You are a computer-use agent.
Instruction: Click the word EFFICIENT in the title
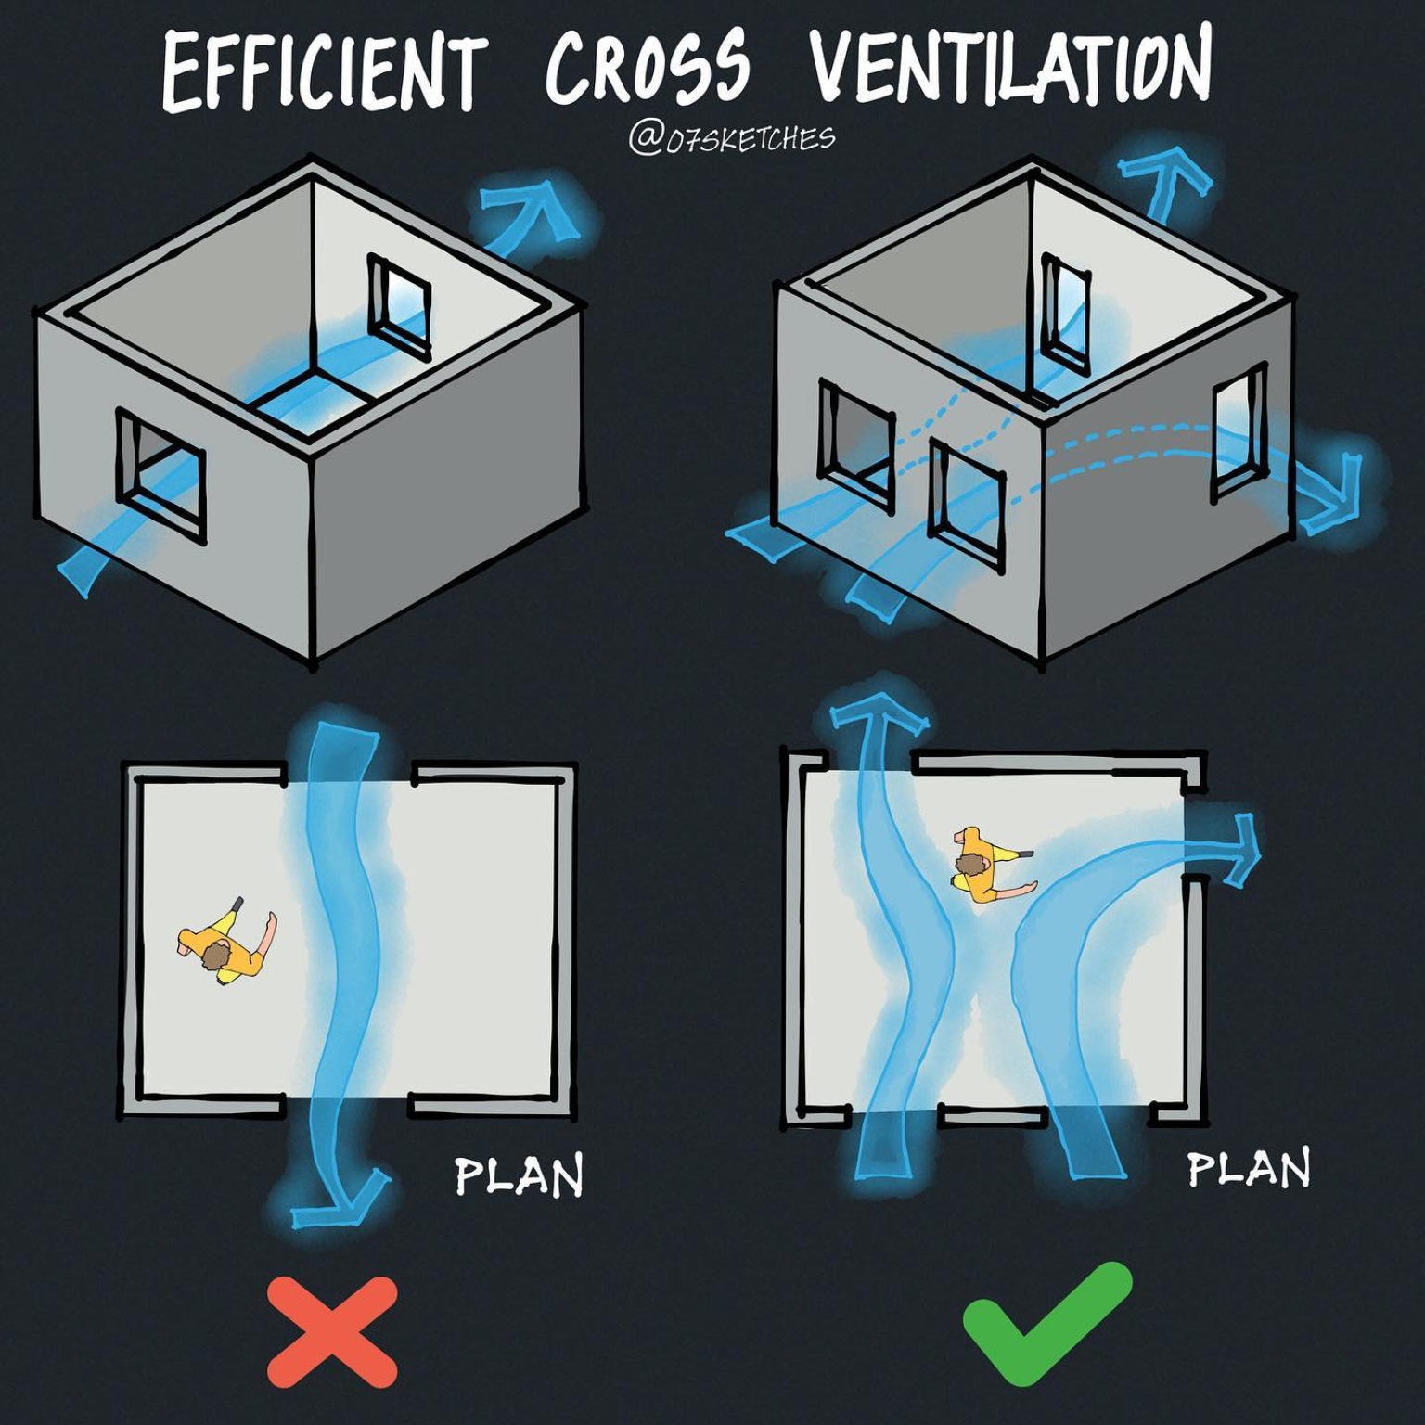pos(324,72)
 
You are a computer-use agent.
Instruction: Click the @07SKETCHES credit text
pos(731,138)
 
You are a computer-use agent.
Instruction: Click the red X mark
pos(332,1330)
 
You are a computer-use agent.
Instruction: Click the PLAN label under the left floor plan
pos(519,1176)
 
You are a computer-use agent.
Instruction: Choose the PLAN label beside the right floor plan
pos(1249,1169)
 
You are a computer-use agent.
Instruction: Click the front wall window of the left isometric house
pos(160,475)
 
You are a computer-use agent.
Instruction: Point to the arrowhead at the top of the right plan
pos(876,714)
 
